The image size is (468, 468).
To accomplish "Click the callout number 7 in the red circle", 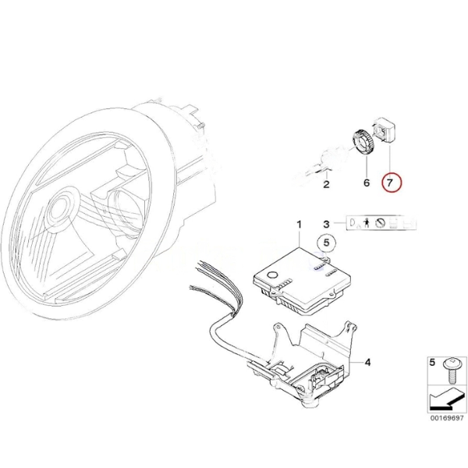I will coord(390,183).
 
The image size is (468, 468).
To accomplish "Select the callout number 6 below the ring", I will coord(363,183).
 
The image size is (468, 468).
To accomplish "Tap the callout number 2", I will coord(326,185).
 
